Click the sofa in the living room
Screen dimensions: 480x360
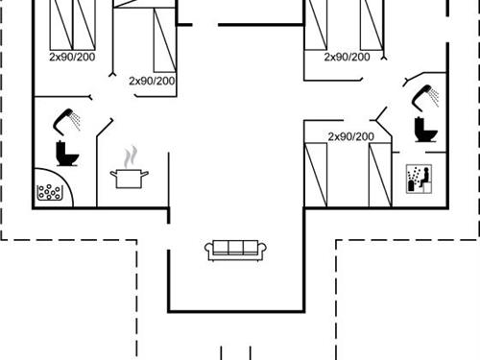[x=235, y=249]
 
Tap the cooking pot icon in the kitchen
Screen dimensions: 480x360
[x=129, y=178]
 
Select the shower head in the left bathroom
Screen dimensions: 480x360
[x=67, y=119]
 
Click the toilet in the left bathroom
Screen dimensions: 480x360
[x=66, y=153]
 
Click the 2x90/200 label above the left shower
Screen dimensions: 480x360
[x=72, y=57]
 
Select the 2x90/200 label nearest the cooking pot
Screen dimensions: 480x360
[x=152, y=81]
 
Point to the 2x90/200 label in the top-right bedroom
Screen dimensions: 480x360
[x=347, y=57]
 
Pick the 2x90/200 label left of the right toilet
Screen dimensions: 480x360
[x=350, y=136]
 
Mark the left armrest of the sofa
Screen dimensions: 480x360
[x=208, y=251]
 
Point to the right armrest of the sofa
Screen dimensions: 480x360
[x=262, y=251]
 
